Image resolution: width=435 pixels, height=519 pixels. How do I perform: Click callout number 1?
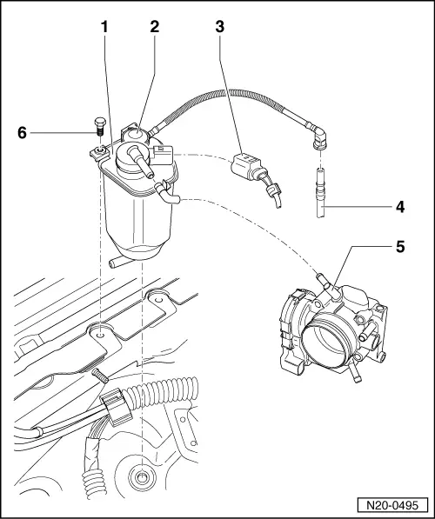pyautogui.click(x=104, y=28)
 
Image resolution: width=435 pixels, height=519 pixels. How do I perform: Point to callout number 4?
pyautogui.click(x=399, y=208)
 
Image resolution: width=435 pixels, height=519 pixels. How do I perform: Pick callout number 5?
pyautogui.click(x=399, y=246)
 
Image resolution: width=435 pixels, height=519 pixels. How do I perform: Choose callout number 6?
pyautogui.click(x=23, y=132)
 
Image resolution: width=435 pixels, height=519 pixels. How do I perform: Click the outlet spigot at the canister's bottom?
pyautogui.click(x=116, y=260)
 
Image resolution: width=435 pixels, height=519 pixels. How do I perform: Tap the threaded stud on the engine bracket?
pyautogui.click(x=98, y=374)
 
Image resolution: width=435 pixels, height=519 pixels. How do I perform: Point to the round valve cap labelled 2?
pyautogui.click(x=134, y=132)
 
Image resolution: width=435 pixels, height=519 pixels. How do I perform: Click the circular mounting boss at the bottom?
pyautogui.click(x=138, y=477)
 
